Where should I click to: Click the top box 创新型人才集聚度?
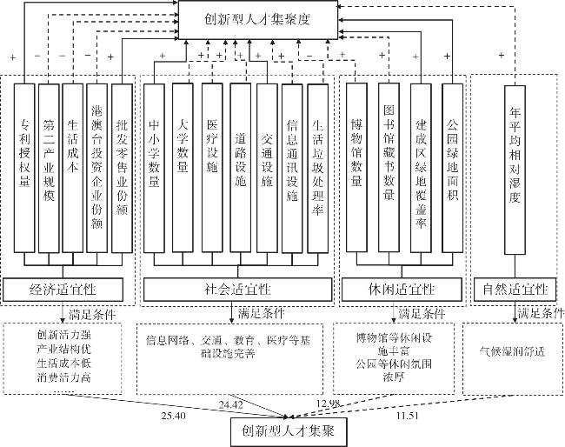click(x=258, y=19)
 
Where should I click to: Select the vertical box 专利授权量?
click(x=24, y=169)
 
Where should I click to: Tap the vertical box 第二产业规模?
click(x=49, y=169)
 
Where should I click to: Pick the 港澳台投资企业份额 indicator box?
click(x=97, y=169)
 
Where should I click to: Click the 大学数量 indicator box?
click(x=183, y=168)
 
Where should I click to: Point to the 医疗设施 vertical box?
click(x=212, y=168)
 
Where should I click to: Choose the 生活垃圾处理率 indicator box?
click(x=318, y=169)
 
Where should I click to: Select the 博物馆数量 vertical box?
click(x=356, y=168)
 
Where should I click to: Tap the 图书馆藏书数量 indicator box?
click(x=389, y=168)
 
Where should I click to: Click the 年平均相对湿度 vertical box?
click(x=515, y=170)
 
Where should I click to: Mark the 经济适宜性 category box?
click(x=63, y=290)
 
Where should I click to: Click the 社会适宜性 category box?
click(x=238, y=290)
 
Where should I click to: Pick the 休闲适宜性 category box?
click(x=402, y=290)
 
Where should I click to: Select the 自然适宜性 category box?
click(x=515, y=290)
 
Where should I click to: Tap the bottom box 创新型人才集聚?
click(x=289, y=432)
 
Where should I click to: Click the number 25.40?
click(x=174, y=416)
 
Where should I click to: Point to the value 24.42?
click(x=231, y=405)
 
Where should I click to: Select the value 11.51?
click(x=408, y=416)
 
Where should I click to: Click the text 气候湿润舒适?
click(x=512, y=351)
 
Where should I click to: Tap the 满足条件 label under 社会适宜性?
click(x=262, y=314)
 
